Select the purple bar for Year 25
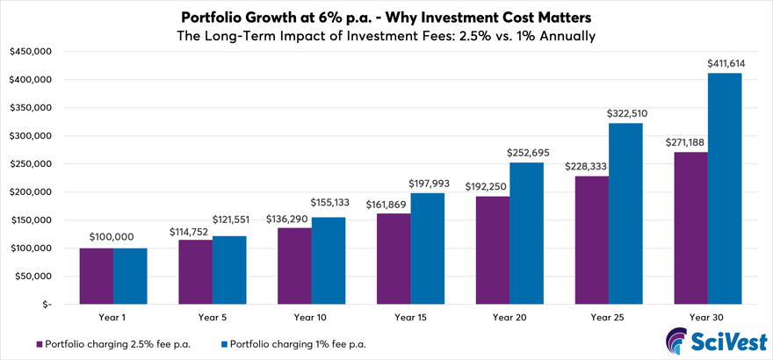click(591, 240)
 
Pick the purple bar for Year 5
click(195, 272)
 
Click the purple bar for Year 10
click(294, 266)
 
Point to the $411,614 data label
click(725, 64)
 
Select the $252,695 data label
click(526, 153)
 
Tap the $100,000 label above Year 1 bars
click(113, 238)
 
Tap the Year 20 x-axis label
click(509, 316)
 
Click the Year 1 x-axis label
click(113, 316)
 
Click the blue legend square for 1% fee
click(224, 344)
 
